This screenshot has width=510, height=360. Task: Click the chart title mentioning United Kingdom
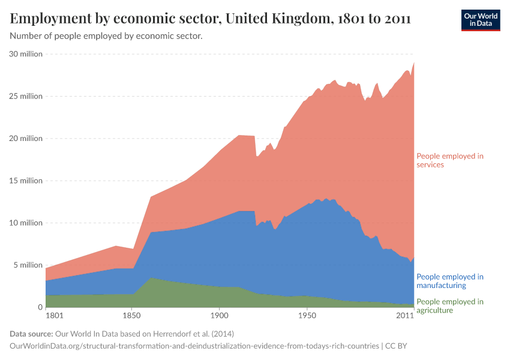(x=210, y=19)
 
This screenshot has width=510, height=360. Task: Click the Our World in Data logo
(x=480, y=20)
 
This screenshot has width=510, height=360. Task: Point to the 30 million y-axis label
(x=26, y=54)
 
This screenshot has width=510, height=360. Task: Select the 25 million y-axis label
(x=26, y=96)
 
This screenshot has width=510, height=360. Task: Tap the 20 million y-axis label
(x=26, y=139)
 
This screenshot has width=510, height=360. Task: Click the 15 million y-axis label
(x=26, y=181)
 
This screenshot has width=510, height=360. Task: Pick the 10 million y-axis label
(x=26, y=223)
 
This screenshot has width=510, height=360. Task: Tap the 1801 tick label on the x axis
(x=54, y=315)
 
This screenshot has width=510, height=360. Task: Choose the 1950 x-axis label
(x=307, y=315)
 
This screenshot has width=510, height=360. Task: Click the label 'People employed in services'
(x=449, y=160)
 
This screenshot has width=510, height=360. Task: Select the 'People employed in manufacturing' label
(x=449, y=281)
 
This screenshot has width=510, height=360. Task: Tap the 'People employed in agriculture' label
(x=449, y=306)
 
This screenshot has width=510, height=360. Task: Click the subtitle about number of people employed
(x=106, y=36)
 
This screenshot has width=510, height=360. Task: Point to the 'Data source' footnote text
(x=122, y=334)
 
